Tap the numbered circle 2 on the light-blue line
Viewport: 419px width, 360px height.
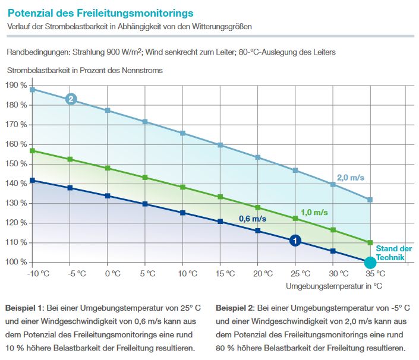[x=71, y=99]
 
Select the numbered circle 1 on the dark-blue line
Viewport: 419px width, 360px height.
[x=295, y=241]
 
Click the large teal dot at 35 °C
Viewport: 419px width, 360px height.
[x=370, y=262]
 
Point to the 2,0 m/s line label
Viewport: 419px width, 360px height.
[x=349, y=178]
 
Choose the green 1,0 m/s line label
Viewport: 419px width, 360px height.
[x=314, y=212]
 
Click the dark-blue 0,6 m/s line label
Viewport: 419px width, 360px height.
[x=253, y=219]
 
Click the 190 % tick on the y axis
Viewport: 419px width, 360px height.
[x=16, y=86]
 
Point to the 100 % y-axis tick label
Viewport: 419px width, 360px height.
[x=16, y=263]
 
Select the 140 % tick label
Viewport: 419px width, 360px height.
[x=16, y=184]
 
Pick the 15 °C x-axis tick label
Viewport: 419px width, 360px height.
[x=220, y=274]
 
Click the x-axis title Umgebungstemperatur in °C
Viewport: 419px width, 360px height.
[x=333, y=286]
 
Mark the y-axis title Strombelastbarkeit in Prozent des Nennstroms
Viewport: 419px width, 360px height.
[x=85, y=70]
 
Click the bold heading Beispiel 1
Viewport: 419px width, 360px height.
[x=23, y=308]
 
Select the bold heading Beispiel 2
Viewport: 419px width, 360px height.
[x=234, y=308]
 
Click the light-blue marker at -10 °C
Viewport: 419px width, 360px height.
[x=33, y=90]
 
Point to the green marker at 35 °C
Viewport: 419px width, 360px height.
[x=370, y=242]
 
